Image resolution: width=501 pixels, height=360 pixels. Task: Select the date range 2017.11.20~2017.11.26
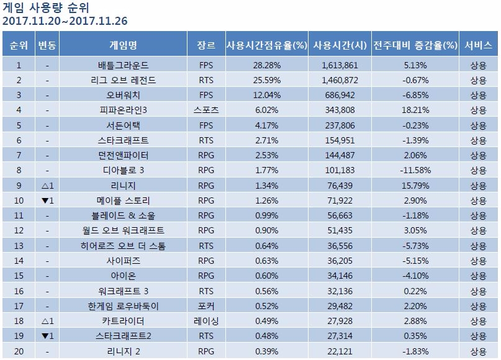coord(65,21)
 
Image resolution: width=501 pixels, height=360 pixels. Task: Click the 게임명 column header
coord(123,45)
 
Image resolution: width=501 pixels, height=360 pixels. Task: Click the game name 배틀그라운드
coord(123,65)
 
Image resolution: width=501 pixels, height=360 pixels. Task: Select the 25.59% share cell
coord(267,79)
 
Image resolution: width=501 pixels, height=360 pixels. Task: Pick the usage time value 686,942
coord(339,95)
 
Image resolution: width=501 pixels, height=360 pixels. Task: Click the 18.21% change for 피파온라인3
coord(415,110)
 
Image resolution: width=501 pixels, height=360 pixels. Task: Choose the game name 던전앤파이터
coord(123,155)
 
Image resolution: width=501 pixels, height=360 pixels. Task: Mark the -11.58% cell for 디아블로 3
coord(415,170)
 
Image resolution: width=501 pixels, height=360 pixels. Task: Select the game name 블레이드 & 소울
coord(123,215)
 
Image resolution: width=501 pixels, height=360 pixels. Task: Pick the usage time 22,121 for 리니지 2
coord(339,351)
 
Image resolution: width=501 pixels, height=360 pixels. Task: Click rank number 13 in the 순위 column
coord(19,246)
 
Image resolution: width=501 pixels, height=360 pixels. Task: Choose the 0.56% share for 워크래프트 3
coord(267,291)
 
